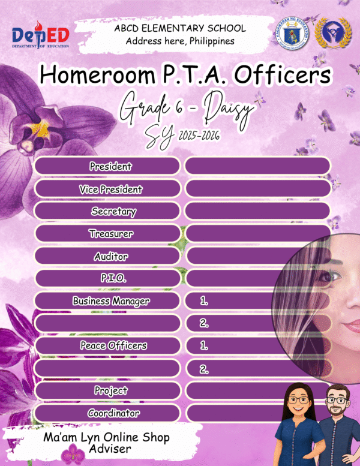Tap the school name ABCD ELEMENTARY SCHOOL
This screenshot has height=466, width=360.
(x=180, y=28)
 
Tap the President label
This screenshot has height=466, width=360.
(x=110, y=166)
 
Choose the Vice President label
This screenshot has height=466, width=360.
(x=110, y=189)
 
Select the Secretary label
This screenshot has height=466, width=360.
(x=113, y=211)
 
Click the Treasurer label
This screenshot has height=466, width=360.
(x=111, y=233)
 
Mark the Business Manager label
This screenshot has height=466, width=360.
(x=111, y=300)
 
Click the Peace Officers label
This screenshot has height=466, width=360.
(x=113, y=345)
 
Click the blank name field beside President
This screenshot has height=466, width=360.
(x=257, y=166)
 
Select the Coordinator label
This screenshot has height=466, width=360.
(x=113, y=413)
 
